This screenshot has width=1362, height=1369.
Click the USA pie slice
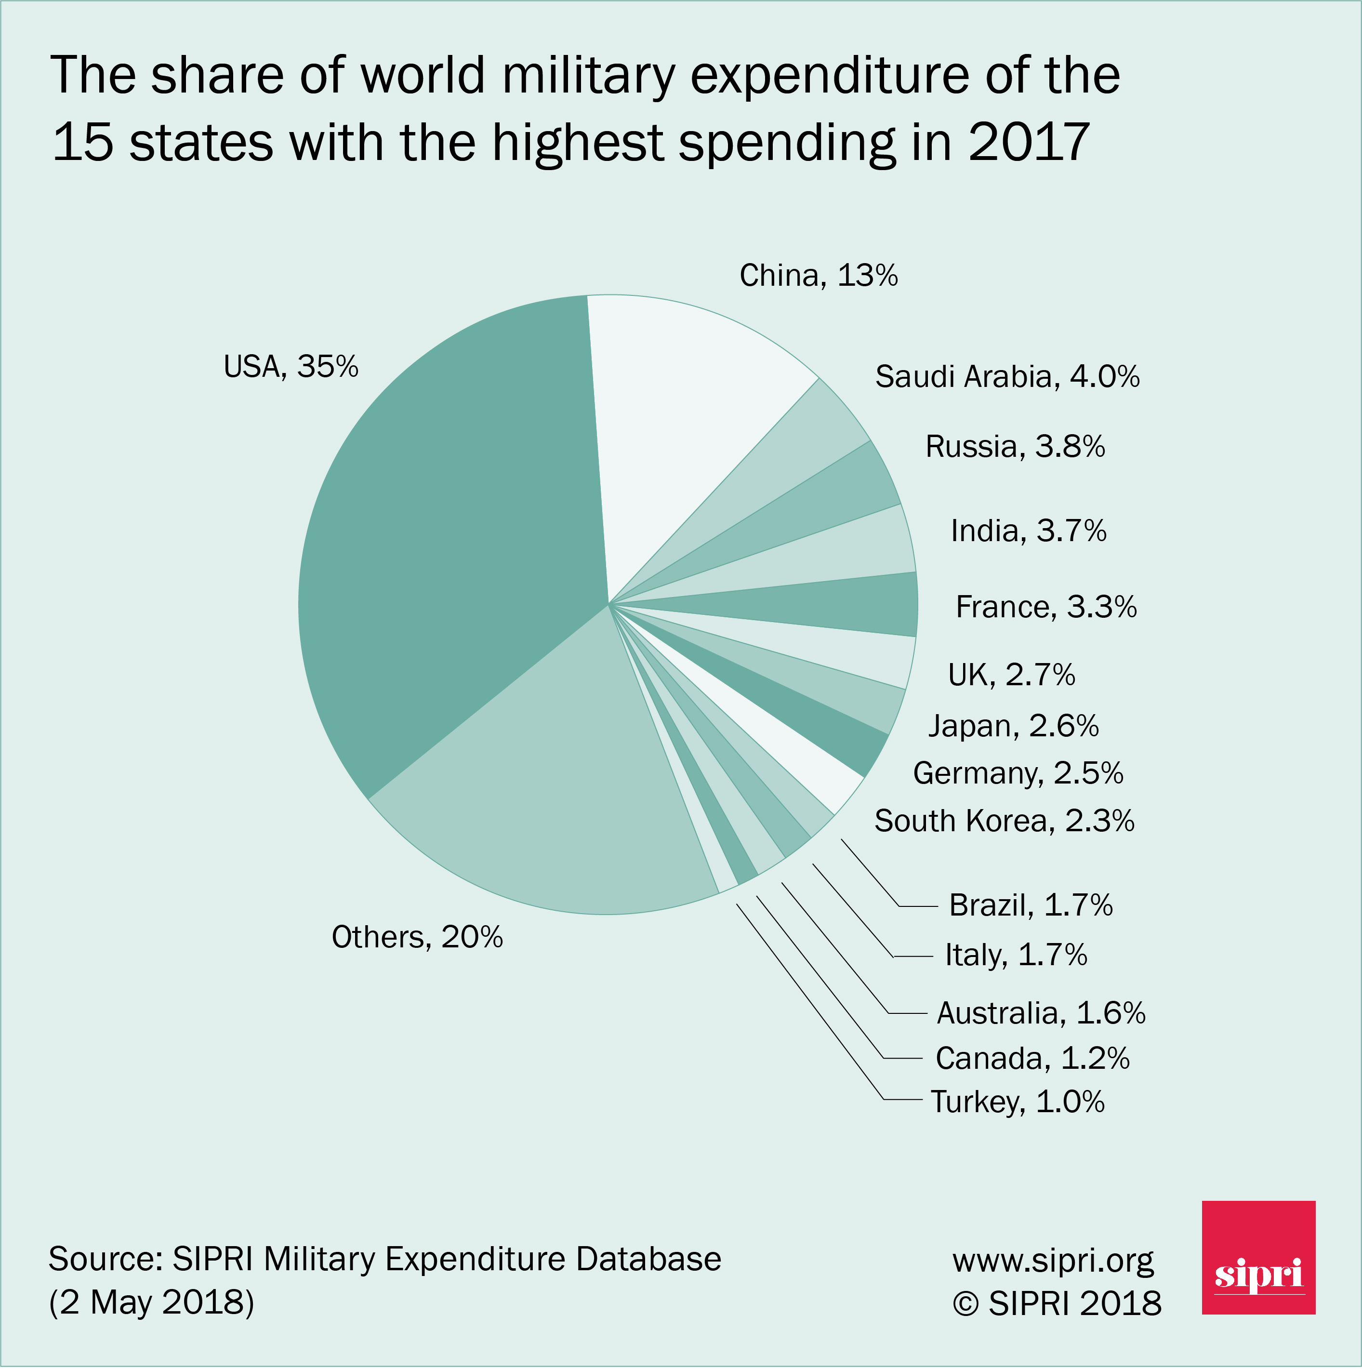pyautogui.click(x=453, y=539)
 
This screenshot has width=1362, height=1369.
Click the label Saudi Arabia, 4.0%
pyautogui.click(x=1007, y=376)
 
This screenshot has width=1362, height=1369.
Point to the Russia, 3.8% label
pyautogui.click(x=1015, y=446)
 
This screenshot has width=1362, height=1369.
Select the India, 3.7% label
pyautogui.click(x=1028, y=531)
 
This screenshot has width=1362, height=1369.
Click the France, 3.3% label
pyautogui.click(x=1045, y=607)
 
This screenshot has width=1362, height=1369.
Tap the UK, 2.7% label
pyautogui.click(x=1011, y=675)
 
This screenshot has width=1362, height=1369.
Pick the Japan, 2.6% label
pyautogui.click(x=1013, y=726)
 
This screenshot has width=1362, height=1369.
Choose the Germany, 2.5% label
pyautogui.click(x=1018, y=773)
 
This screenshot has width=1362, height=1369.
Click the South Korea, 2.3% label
pyautogui.click(x=1004, y=821)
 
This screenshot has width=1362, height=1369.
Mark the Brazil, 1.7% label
pyautogui.click(x=1031, y=905)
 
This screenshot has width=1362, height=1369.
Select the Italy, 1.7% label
pyautogui.click(x=1016, y=955)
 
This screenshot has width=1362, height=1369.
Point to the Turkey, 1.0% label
pyautogui.click(x=1017, y=1101)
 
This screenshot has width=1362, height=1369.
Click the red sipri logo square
pyautogui.click(x=1258, y=1257)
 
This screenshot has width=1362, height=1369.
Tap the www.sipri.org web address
pyautogui.click(x=1052, y=1260)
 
